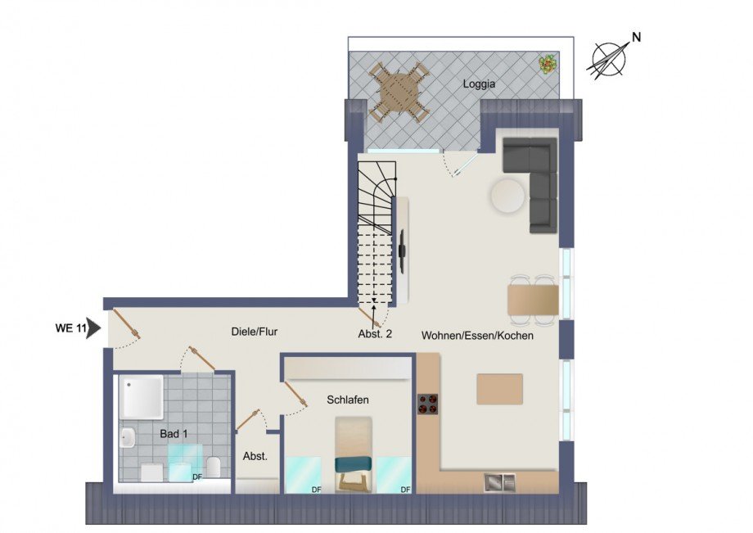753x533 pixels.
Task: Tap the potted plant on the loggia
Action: tap(547, 63)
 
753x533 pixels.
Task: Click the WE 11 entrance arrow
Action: tap(92, 328)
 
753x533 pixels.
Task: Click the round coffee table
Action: tap(507, 196)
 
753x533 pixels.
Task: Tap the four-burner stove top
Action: tap(428, 404)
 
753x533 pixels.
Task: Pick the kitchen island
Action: tap(499, 389)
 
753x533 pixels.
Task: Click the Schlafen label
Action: tap(347, 400)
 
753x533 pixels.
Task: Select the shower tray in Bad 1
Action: tap(142, 397)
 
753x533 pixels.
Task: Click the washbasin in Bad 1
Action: tap(127, 438)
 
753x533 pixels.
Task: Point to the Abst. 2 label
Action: tap(376, 333)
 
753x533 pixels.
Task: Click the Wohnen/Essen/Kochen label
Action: tap(478, 336)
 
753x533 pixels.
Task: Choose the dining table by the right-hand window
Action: tap(533, 299)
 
